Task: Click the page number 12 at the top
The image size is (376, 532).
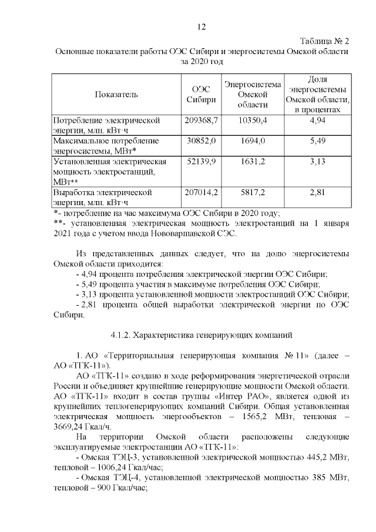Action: (202, 26)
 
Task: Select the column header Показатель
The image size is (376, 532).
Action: (116, 94)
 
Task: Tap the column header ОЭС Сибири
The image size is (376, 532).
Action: (201, 94)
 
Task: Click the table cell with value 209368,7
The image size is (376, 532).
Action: (202, 120)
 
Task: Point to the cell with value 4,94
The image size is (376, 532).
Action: (317, 120)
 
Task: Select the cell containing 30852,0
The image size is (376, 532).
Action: (202, 141)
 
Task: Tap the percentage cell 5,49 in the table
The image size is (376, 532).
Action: (317, 141)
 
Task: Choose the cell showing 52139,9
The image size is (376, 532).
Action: (202, 162)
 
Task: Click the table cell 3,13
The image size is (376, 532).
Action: (317, 162)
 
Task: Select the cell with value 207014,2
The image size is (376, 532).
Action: (202, 192)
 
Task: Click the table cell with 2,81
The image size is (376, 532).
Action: (317, 192)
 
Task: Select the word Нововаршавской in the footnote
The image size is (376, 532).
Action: (186, 233)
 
